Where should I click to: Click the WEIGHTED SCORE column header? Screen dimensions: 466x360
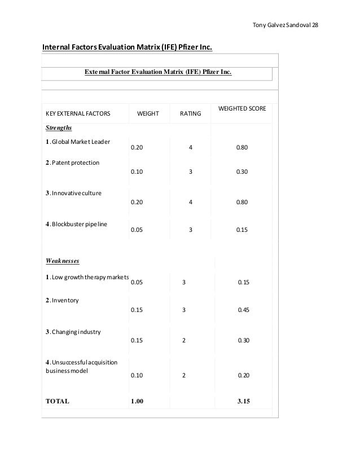(242, 107)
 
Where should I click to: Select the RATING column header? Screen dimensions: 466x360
(190, 114)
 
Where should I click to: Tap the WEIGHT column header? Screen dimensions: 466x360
(148, 114)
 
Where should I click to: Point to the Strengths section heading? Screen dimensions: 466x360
(59, 128)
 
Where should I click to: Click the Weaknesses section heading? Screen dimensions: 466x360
(62, 261)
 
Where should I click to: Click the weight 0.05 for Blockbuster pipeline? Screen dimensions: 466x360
(137, 230)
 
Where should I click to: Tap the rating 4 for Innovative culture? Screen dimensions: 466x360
(191, 201)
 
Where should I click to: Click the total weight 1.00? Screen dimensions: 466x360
(137, 402)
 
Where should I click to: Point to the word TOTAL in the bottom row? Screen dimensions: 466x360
(57, 402)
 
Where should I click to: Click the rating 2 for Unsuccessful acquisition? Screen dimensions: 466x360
(184, 376)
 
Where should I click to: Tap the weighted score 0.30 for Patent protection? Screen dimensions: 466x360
(242, 172)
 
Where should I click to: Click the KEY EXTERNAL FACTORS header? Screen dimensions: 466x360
(78, 114)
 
